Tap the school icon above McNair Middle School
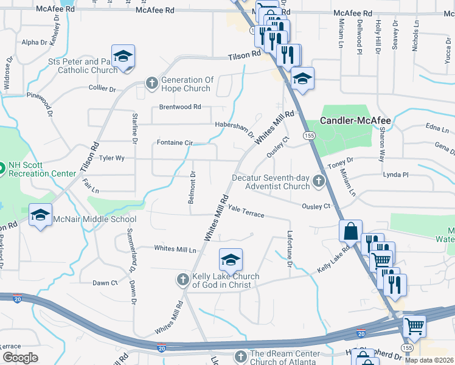tap(41, 215)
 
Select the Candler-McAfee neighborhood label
tap(356, 120)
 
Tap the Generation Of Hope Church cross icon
tap(151, 83)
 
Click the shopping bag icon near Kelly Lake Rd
tap(351, 232)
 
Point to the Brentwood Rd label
tap(180, 107)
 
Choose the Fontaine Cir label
tap(175, 143)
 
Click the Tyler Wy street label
tap(112, 158)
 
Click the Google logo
tap(21, 358)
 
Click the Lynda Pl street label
tap(395, 175)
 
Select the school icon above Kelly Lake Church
tap(231, 260)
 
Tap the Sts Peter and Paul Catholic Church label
tap(83, 66)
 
